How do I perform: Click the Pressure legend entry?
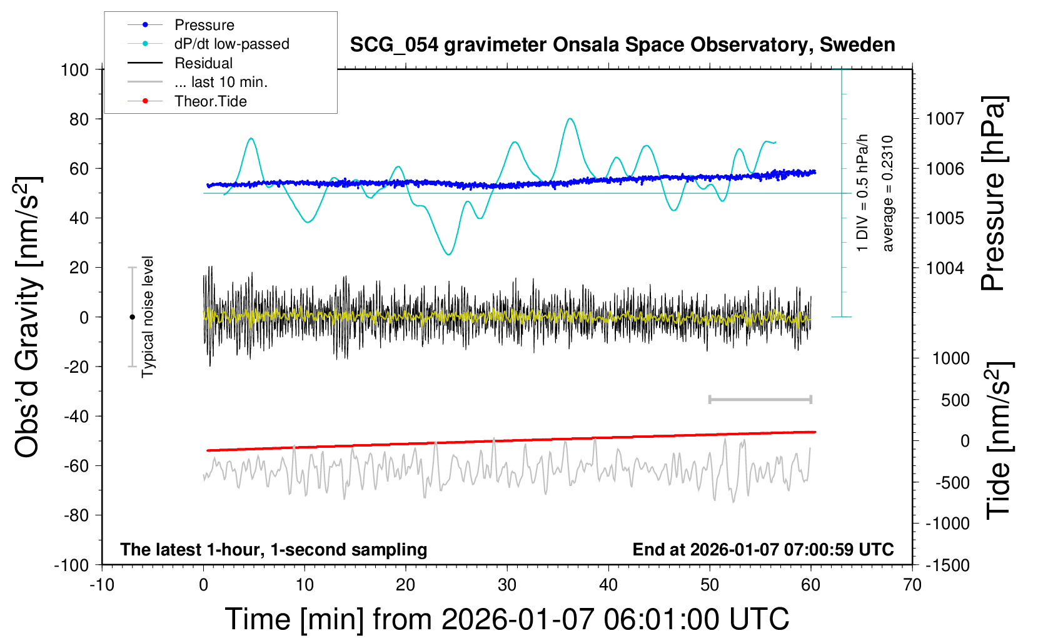click(x=204, y=25)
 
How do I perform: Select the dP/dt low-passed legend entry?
click(x=231, y=44)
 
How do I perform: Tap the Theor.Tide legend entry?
click(x=210, y=101)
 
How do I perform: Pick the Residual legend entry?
click(x=203, y=63)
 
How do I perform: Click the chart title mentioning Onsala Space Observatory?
click(x=622, y=45)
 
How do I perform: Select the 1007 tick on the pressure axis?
click(x=945, y=119)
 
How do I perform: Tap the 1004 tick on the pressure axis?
click(x=945, y=268)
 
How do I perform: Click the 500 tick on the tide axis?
click(x=955, y=400)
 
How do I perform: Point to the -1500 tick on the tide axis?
click(x=948, y=565)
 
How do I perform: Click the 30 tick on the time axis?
click(x=507, y=585)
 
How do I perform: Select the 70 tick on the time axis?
click(x=912, y=585)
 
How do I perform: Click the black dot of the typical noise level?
click(x=132, y=317)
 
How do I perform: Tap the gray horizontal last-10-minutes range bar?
click(x=760, y=399)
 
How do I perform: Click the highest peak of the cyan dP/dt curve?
click(x=570, y=119)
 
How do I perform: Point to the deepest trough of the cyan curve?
click(x=448, y=254)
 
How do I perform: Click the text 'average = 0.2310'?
click(x=888, y=193)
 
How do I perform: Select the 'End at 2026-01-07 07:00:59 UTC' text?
click(x=763, y=550)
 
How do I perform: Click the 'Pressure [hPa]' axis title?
click(x=993, y=193)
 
